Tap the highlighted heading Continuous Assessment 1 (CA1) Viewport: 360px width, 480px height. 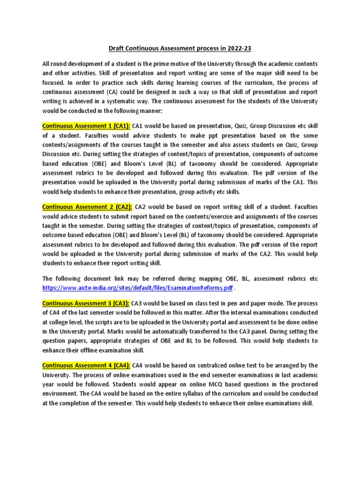coord(87,126)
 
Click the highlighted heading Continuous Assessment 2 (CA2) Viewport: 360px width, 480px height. coord(87,206)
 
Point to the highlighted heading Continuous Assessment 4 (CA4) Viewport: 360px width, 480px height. coord(87,365)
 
